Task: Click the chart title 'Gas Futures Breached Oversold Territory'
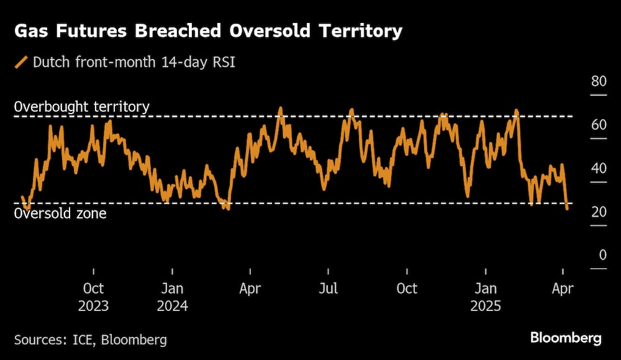[208, 31]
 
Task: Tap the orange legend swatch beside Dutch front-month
[22, 62]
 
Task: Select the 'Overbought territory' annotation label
[81, 107]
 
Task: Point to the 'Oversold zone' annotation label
[60, 214]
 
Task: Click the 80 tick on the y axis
[598, 82]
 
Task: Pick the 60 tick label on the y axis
[598, 125]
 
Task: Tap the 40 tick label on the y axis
[598, 169]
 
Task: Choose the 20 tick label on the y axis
[598, 212]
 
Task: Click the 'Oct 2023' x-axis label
[93, 297]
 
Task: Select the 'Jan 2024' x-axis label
[172, 297]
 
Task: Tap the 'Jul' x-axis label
[329, 289]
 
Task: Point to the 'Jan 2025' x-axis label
[486, 297]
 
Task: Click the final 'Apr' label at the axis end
[563, 289]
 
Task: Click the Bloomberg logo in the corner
[566, 338]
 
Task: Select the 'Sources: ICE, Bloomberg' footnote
[91, 340]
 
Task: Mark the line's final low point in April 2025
[567, 209]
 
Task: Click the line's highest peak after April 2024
[280, 108]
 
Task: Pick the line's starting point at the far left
[22, 197]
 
